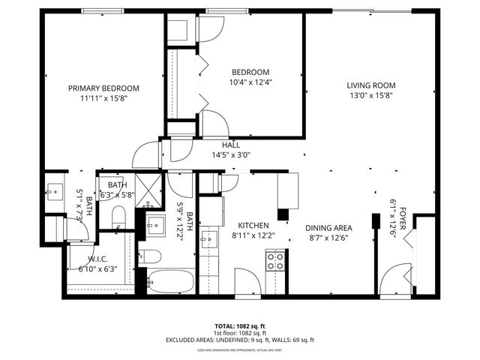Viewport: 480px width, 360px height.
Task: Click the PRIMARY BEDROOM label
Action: click(x=103, y=88)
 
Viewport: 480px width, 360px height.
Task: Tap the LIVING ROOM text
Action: click(x=370, y=85)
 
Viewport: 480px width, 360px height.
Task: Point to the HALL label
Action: click(x=230, y=145)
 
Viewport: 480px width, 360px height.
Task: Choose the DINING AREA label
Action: click(x=327, y=227)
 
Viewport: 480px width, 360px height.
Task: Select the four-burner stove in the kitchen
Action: click(x=275, y=261)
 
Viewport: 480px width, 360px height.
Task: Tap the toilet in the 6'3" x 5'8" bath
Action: click(x=118, y=217)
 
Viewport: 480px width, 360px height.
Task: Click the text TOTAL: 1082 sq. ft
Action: click(x=239, y=326)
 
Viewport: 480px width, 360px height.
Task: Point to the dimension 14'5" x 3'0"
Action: click(x=230, y=155)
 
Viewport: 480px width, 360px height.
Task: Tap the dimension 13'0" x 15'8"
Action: click(x=370, y=95)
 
